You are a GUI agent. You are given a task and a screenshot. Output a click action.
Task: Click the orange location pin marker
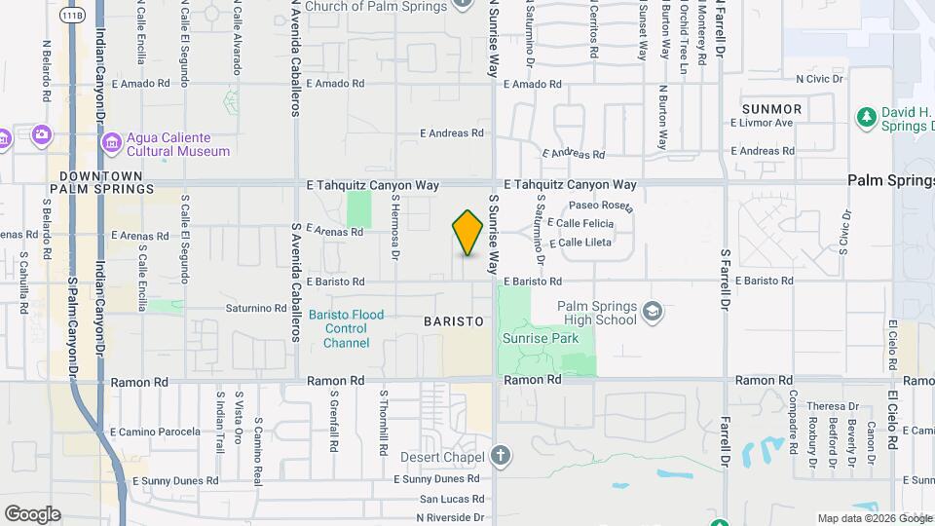467,233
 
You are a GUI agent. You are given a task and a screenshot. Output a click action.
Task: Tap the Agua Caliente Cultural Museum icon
112,144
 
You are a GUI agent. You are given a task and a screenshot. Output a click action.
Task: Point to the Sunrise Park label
541,339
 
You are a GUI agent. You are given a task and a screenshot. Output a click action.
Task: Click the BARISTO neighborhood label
454,320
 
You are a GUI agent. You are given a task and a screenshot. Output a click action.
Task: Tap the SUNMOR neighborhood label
771,109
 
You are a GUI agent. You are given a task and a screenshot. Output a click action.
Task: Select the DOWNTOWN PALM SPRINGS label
106,182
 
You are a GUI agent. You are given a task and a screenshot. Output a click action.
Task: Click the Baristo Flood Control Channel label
346,328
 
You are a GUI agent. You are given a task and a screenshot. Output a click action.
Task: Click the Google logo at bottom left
32,514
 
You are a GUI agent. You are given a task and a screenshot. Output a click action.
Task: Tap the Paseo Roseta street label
602,205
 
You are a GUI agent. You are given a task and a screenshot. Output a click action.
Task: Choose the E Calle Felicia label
586,224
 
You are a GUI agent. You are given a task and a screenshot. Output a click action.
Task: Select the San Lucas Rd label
451,499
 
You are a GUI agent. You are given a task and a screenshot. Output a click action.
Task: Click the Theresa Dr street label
839,406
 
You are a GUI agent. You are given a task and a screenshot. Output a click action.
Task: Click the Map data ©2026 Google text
874,518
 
